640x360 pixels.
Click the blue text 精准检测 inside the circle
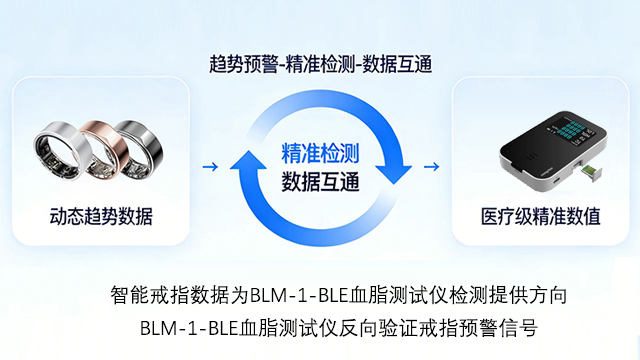(321, 153)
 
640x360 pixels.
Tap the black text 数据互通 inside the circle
(321, 182)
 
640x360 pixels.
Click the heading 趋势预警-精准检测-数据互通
(321, 63)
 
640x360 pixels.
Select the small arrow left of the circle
(208, 167)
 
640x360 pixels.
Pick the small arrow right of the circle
(432, 167)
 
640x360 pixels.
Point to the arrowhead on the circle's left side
(243, 158)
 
